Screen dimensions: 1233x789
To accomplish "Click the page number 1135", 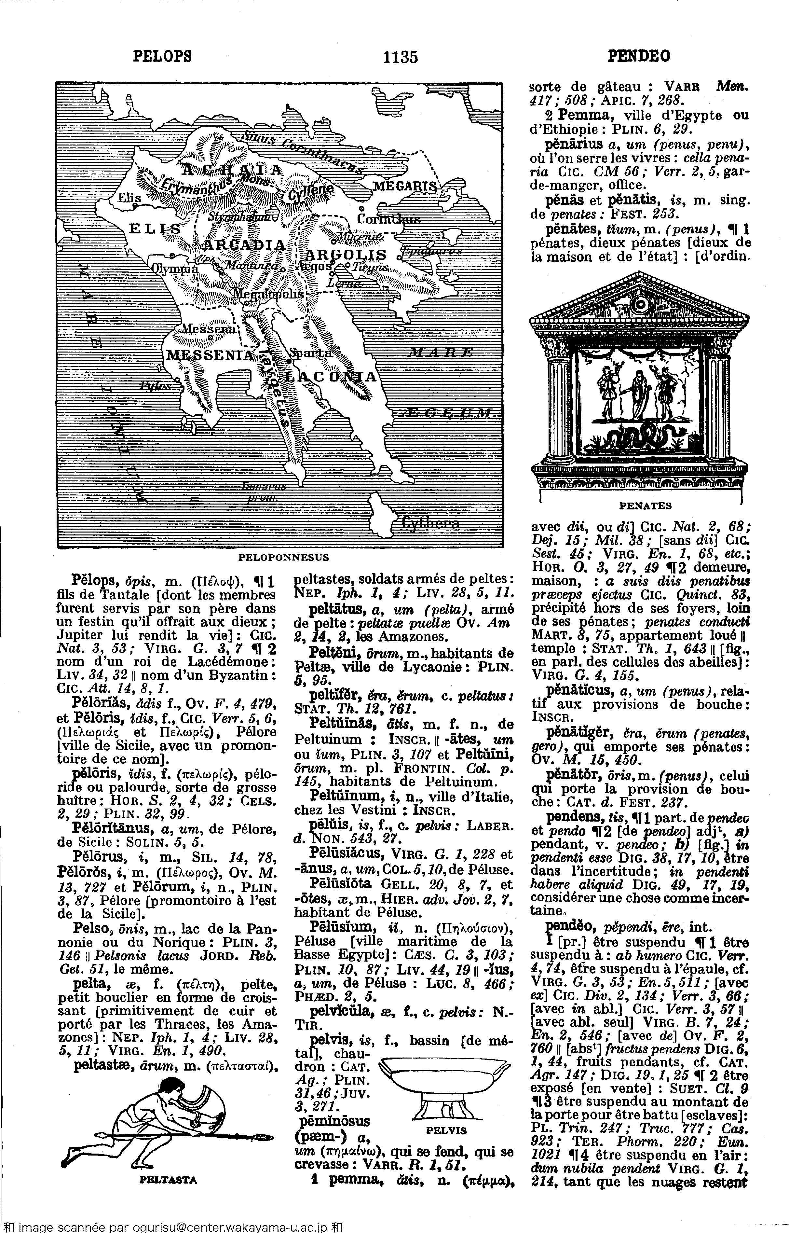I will coord(401,56).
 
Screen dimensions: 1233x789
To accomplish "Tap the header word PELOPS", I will coord(162,55).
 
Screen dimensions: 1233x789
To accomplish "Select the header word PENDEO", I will coord(638,55).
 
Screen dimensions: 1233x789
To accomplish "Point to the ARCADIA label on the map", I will coord(245,245).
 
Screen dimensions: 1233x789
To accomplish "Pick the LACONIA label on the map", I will coord(331,377).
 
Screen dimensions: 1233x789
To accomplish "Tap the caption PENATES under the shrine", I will coord(645,506).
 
